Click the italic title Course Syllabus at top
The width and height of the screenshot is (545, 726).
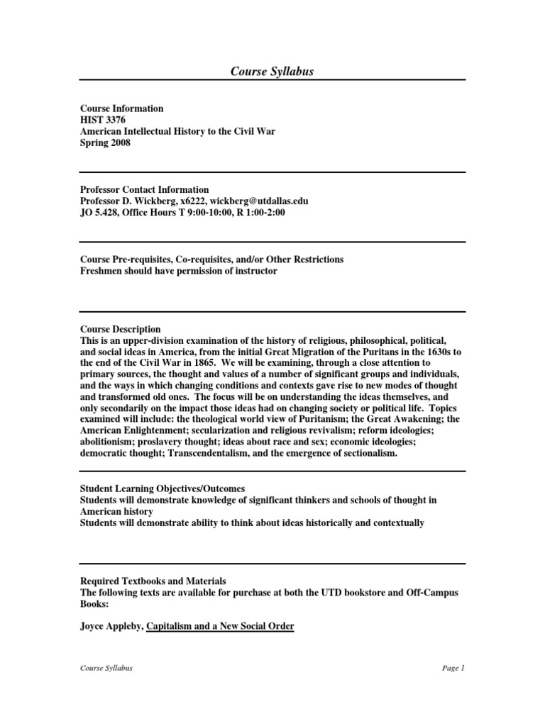[x=272, y=71]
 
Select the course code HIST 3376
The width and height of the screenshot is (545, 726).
[x=103, y=120]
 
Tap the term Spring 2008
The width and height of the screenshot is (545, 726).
[x=105, y=143]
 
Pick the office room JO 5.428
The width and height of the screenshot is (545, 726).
[x=99, y=213]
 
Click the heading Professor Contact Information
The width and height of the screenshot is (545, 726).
[x=144, y=190]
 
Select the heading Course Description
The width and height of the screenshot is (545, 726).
[x=120, y=330]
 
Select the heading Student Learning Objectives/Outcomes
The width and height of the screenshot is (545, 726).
[x=163, y=489]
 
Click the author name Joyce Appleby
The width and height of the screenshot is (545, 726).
[x=111, y=627]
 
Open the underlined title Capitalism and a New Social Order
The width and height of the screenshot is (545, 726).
[x=220, y=627]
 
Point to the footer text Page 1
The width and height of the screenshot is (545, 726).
[x=451, y=668]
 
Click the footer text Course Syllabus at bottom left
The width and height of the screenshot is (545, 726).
[x=106, y=668]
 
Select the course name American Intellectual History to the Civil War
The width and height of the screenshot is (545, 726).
[x=177, y=131]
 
